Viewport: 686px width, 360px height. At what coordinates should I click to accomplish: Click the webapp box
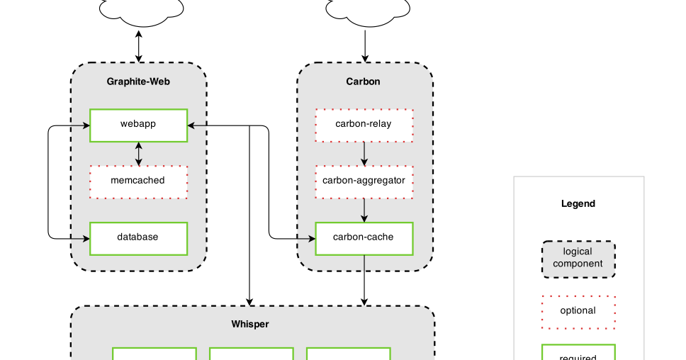click(138, 125)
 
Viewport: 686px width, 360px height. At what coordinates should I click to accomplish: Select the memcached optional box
click(138, 181)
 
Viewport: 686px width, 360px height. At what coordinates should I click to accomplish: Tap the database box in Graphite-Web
click(138, 238)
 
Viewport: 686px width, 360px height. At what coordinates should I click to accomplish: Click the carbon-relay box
click(364, 125)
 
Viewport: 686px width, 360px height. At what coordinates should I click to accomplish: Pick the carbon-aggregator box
click(364, 181)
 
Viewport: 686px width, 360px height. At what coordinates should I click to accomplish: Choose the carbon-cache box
click(364, 238)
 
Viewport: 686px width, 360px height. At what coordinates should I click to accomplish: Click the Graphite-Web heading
click(138, 81)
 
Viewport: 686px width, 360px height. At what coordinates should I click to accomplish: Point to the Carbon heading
click(363, 81)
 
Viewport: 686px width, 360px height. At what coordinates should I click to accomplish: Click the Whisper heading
click(250, 325)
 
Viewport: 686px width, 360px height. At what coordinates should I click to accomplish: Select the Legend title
click(578, 204)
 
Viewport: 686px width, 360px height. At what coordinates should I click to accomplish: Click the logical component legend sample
click(578, 259)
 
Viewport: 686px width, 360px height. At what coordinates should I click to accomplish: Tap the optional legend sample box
click(578, 312)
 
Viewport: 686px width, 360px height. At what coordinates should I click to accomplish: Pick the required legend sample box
click(578, 353)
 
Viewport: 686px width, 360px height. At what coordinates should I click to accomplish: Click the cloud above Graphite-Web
click(140, 11)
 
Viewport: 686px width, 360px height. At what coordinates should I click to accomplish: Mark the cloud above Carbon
click(367, 11)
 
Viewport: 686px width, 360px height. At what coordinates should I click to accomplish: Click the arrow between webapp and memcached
click(138, 154)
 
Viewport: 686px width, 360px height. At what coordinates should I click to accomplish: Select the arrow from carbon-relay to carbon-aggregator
click(364, 154)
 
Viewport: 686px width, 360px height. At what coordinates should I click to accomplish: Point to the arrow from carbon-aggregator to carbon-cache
click(364, 210)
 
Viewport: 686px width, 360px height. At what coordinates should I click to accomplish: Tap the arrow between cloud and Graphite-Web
click(138, 45)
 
